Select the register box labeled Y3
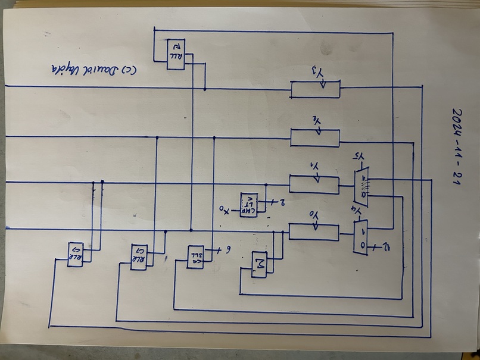(x=315, y=89)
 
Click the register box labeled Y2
(x=314, y=138)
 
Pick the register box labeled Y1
(x=314, y=184)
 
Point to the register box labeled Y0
(x=313, y=231)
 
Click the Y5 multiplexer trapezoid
(x=360, y=187)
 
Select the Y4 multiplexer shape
(x=360, y=237)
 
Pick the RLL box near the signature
(x=176, y=54)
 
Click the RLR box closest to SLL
(x=138, y=257)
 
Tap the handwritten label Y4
(x=357, y=211)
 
